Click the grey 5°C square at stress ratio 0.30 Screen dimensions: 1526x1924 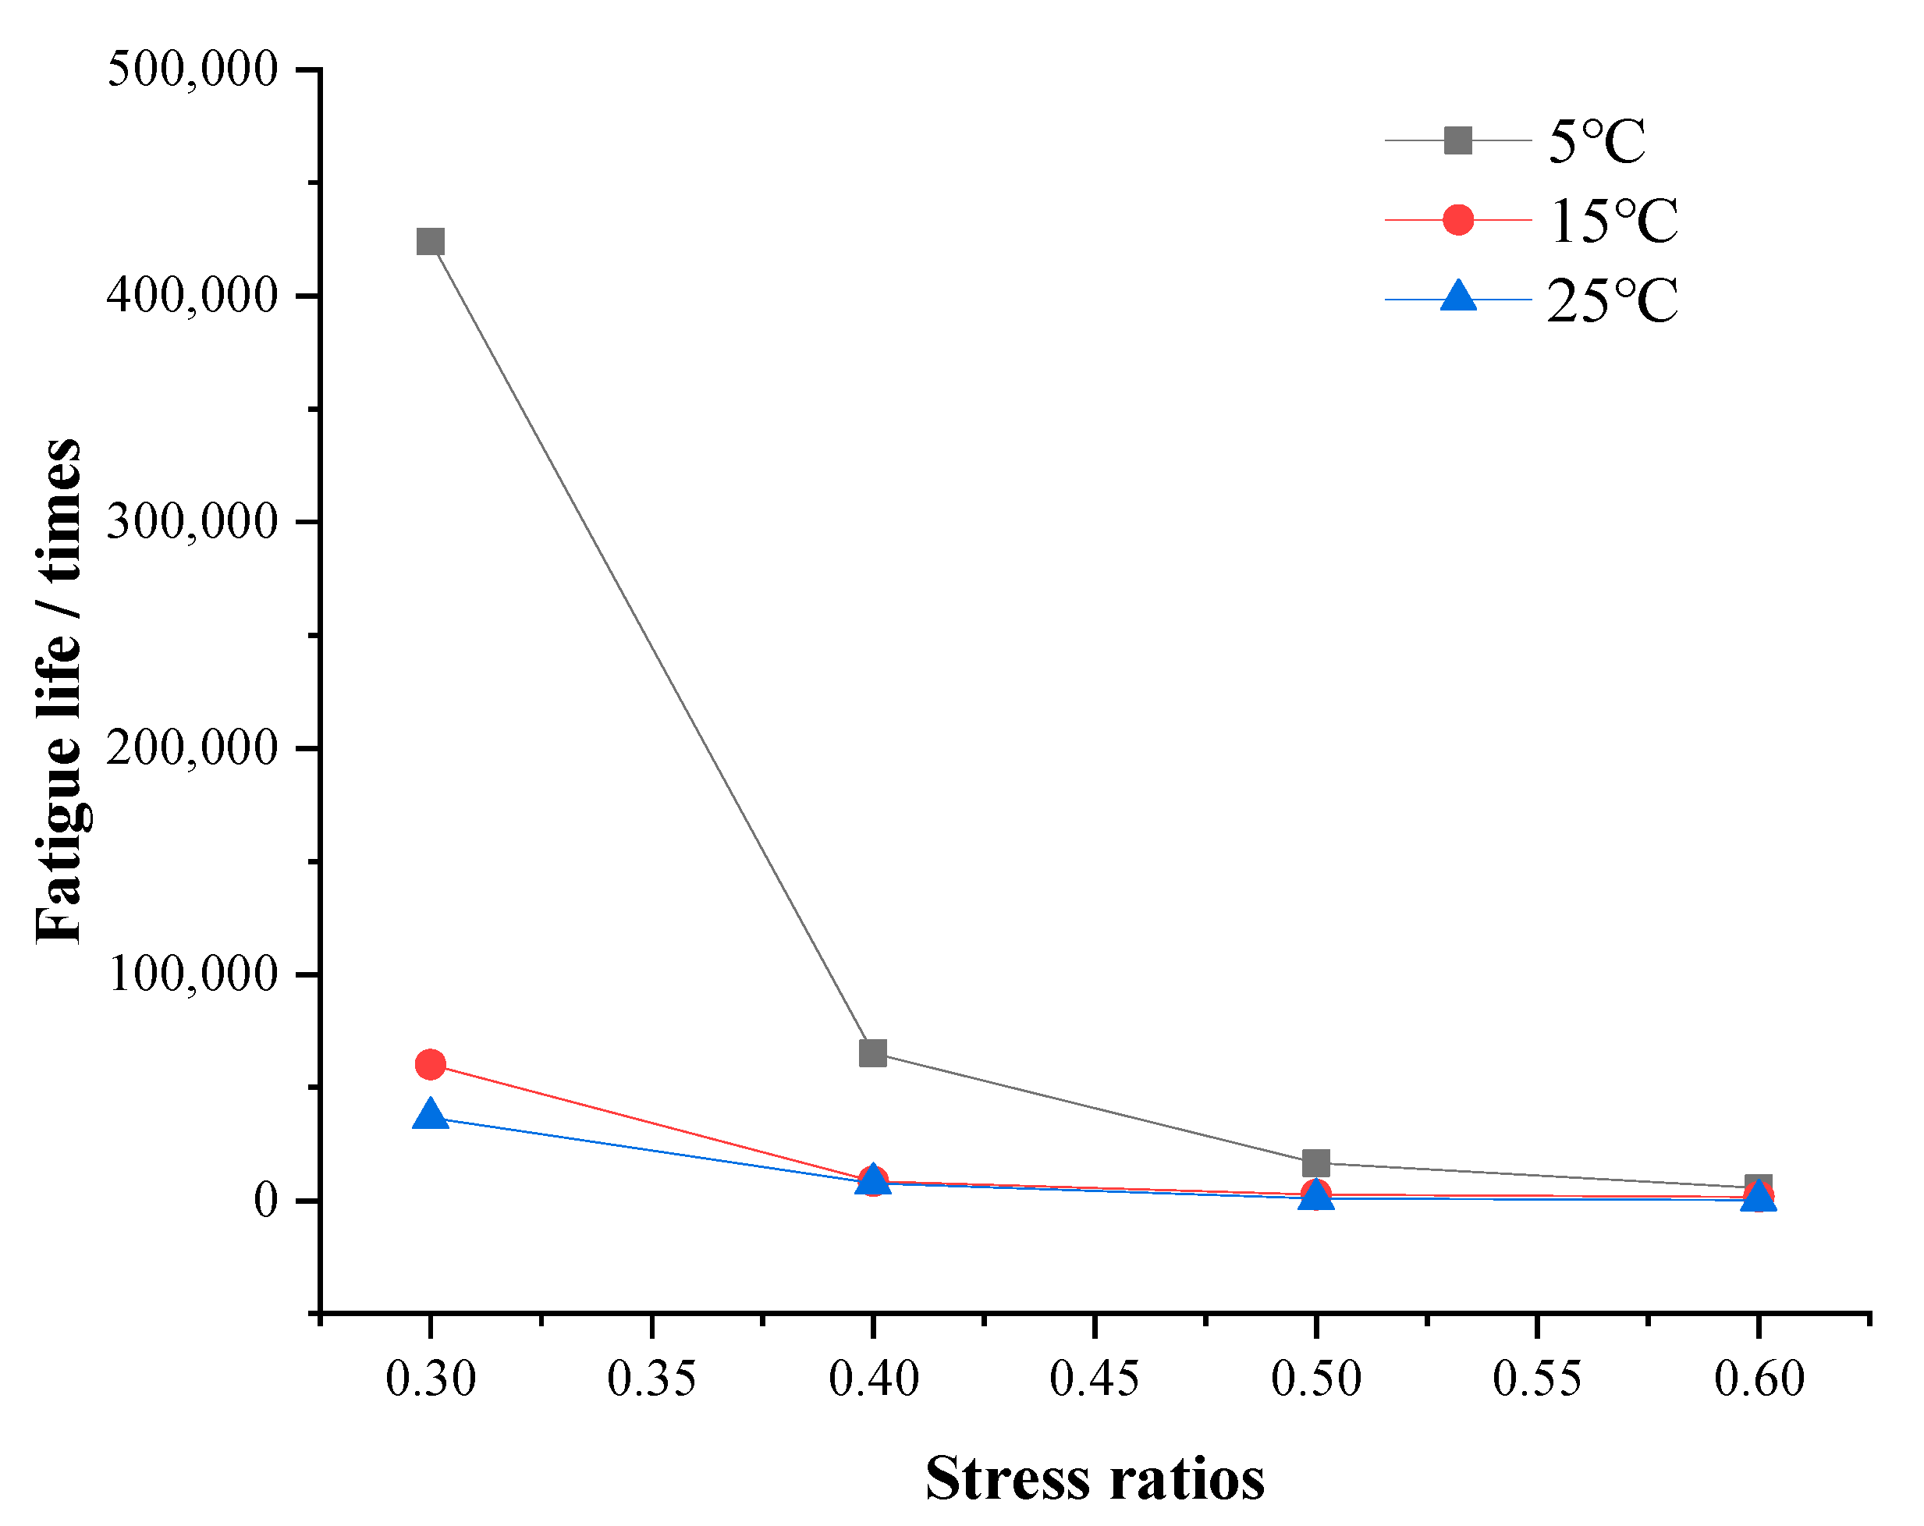(x=430, y=242)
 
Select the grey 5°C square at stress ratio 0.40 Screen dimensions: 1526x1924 (x=873, y=1053)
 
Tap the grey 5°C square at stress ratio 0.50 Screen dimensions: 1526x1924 (x=1316, y=1164)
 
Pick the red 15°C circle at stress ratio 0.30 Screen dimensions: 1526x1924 (x=430, y=1065)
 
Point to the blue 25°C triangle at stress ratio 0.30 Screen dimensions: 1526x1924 (x=430, y=1116)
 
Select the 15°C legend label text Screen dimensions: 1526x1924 (x=1613, y=221)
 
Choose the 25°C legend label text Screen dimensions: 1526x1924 (x=1613, y=300)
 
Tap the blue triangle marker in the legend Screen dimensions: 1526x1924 (x=1458, y=296)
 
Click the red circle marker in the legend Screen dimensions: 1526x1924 (x=1458, y=219)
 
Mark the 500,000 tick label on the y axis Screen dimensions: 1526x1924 (x=193, y=69)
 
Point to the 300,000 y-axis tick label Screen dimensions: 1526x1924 (x=193, y=521)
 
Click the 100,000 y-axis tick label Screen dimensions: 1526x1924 (x=193, y=974)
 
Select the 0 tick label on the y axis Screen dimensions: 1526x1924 (x=266, y=1200)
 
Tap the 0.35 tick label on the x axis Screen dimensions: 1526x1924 (x=651, y=1379)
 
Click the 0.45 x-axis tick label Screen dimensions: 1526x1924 (x=1094, y=1379)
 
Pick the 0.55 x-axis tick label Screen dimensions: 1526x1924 (x=1537, y=1379)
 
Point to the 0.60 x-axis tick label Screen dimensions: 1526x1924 (x=1759, y=1379)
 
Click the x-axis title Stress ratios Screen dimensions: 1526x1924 (x=1095, y=1478)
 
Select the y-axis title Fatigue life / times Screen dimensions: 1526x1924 (x=59, y=690)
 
